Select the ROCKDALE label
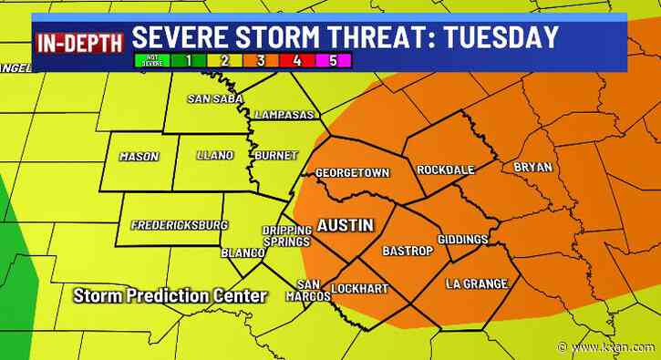(x=443, y=170)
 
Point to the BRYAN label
(x=533, y=167)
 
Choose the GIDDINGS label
(x=463, y=239)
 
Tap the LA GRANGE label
(x=476, y=284)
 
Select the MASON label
(x=139, y=156)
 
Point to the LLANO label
(x=215, y=155)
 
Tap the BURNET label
(x=275, y=156)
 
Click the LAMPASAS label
(x=284, y=116)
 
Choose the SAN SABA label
(x=215, y=98)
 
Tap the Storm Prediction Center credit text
(x=170, y=295)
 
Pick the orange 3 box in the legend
(x=262, y=62)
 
